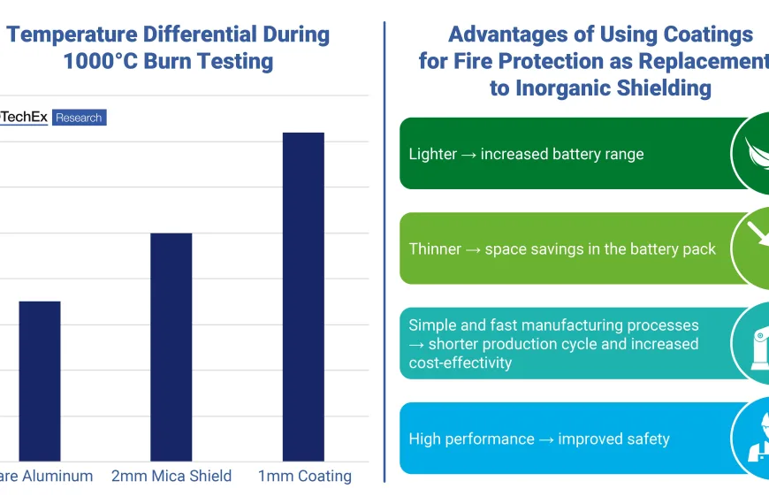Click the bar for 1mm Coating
(302, 296)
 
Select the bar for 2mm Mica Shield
(171, 347)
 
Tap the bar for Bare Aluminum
(40, 381)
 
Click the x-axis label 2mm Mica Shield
(171, 476)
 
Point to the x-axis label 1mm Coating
(304, 476)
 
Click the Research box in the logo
(80, 118)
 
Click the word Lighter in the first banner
(433, 154)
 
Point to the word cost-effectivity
(460, 363)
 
